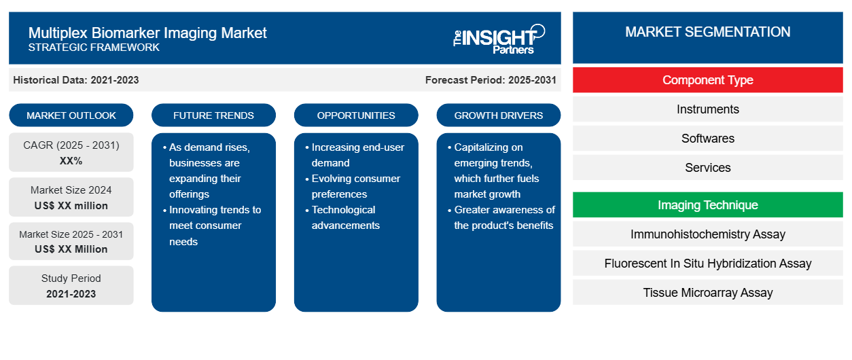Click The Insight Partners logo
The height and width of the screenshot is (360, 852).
[499, 39]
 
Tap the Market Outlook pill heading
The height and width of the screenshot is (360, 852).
[71, 115]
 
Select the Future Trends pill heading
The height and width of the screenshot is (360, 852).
[213, 115]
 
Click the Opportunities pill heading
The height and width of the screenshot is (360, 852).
[356, 115]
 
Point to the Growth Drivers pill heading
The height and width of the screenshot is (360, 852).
[498, 115]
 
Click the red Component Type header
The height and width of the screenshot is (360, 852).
[707, 80]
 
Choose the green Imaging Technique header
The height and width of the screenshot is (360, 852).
[707, 205]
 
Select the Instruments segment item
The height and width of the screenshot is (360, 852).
[707, 109]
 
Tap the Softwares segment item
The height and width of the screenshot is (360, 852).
[707, 139]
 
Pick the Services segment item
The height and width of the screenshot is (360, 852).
[707, 168]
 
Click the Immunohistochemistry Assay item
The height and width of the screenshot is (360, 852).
[707, 234]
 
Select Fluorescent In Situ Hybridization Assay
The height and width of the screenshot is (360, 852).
[707, 264]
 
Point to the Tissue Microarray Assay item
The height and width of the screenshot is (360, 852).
[707, 293]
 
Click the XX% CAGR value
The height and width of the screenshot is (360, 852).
[71, 161]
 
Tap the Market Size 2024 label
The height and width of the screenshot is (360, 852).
[71, 190]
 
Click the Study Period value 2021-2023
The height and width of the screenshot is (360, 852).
[71, 294]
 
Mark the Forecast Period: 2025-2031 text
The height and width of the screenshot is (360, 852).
[491, 80]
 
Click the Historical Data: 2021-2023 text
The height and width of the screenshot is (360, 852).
[76, 80]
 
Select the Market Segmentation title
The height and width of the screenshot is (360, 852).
[707, 32]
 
